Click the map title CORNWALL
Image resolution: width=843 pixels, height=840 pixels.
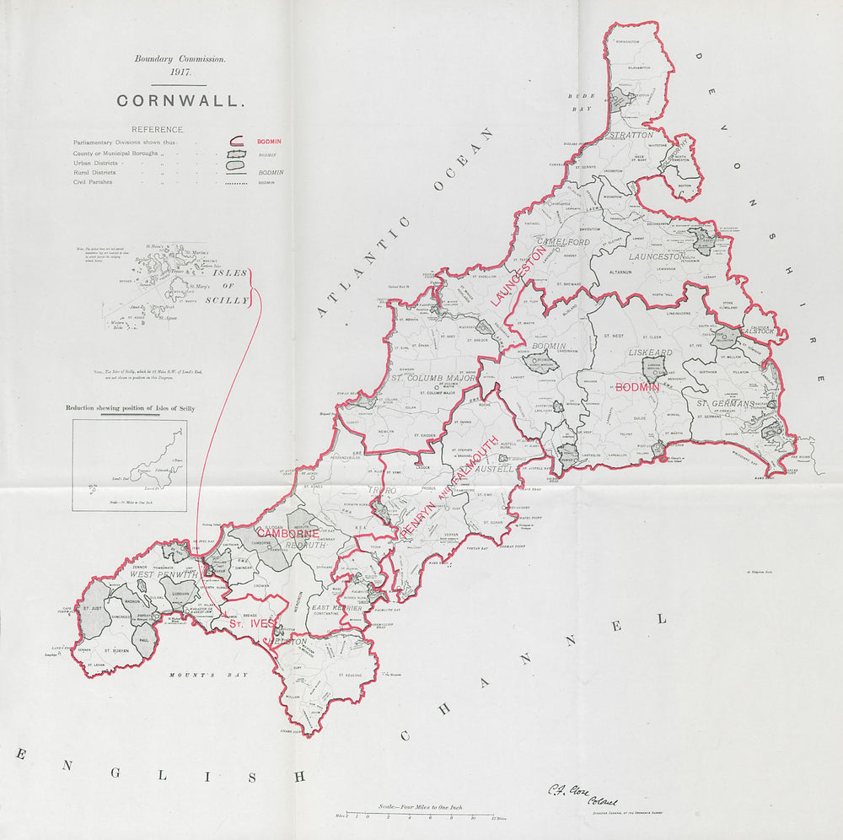click(180, 100)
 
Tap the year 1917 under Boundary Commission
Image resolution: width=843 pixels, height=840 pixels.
click(179, 73)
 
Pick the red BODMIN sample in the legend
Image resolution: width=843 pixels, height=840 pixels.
click(269, 141)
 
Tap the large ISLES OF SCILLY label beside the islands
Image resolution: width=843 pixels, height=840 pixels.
click(230, 287)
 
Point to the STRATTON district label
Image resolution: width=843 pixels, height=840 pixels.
click(631, 134)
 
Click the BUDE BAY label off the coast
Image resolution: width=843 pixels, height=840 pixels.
click(582, 103)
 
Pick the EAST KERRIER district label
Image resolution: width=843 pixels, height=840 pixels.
click(336, 608)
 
